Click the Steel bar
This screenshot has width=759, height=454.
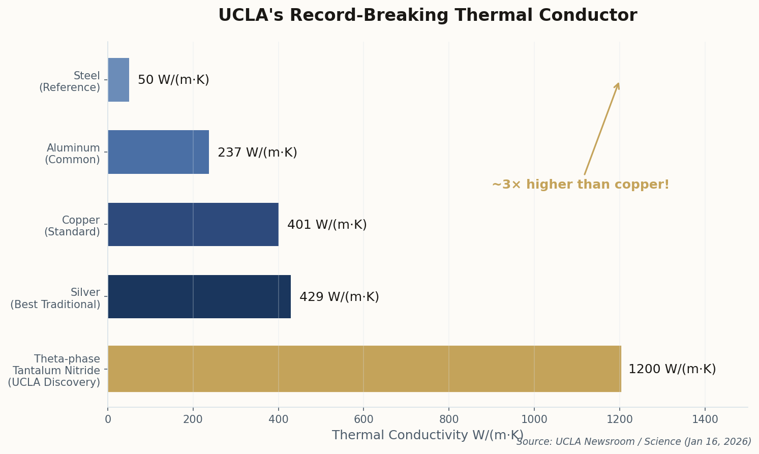click(x=118, y=80)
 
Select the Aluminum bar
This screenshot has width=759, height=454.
click(x=158, y=152)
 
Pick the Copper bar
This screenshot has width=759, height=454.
click(x=193, y=224)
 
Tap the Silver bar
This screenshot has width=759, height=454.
click(x=199, y=297)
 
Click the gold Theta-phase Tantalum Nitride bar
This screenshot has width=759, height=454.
click(x=364, y=369)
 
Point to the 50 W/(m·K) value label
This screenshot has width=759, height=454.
click(x=173, y=80)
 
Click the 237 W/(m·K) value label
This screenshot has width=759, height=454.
click(x=257, y=153)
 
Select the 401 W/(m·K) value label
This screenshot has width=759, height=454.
click(x=327, y=225)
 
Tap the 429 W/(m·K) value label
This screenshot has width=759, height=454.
click(x=339, y=297)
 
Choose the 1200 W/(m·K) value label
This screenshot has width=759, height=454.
click(x=672, y=369)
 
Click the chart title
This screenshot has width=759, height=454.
click(x=427, y=16)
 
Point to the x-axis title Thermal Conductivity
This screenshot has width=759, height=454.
click(x=427, y=435)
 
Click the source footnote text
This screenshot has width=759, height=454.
click(x=633, y=442)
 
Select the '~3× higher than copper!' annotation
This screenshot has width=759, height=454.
click(x=581, y=185)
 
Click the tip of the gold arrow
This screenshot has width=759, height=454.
click(x=619, y=83)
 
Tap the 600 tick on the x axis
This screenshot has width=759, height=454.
click(x=363, y=419)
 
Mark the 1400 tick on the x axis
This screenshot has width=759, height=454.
click(x=705, y=419)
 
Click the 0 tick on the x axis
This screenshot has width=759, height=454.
click(x=108, y=419)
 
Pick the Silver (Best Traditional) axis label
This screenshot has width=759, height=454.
click(x=55, y=298)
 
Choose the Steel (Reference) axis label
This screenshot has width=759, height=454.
click(x=70, y=82)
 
